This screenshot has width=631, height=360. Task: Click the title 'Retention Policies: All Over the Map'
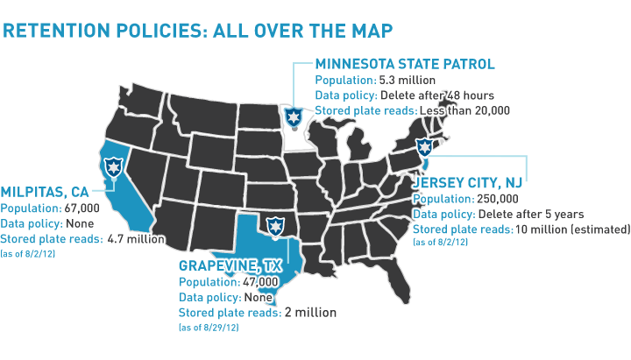pos(197,30)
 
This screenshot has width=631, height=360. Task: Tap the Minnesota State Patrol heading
pos(405,64)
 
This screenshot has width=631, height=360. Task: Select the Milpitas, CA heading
pos(45,192)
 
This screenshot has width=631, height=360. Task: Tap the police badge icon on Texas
pos(276,226)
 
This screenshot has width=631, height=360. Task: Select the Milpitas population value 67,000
pos(82,208)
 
